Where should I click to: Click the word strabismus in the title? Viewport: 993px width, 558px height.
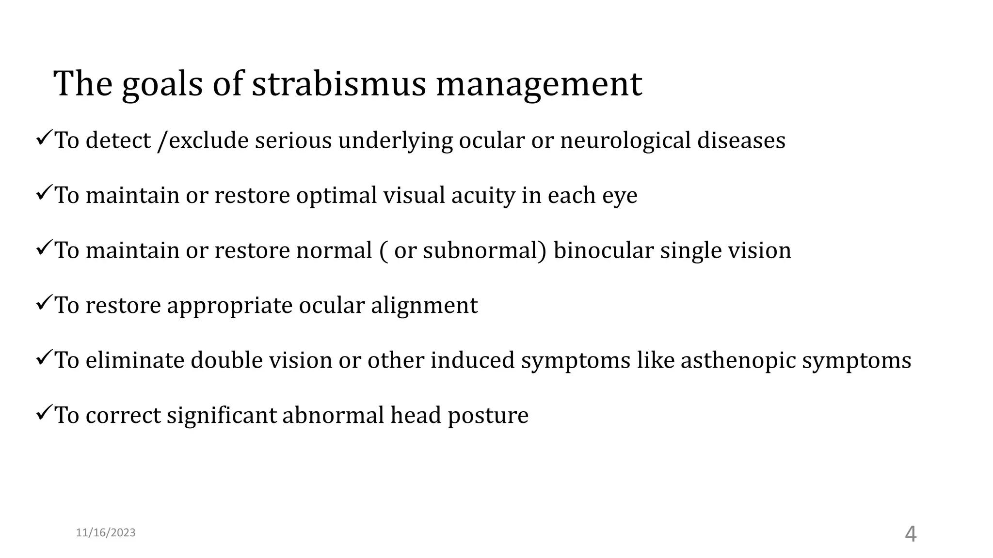click(338, 84)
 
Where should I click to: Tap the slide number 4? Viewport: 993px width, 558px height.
click(911, 534)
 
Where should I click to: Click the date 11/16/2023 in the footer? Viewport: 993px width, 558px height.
click(106, 533)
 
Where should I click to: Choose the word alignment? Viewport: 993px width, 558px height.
click(424, 306)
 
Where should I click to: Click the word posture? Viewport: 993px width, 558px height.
click(488, 416)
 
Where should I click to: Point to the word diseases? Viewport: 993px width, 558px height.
click(741, 141)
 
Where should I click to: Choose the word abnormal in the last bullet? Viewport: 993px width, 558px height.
click(333, 415)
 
